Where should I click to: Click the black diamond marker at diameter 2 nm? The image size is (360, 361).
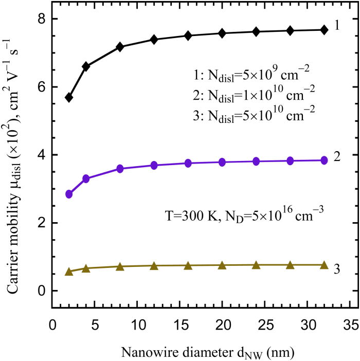(x=69, y=97)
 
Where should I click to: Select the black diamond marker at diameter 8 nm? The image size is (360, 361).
(x=120, y=47)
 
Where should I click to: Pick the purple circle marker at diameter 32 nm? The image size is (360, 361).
(x=324, y=160)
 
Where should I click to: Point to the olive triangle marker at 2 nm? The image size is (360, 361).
(x=69, y=272)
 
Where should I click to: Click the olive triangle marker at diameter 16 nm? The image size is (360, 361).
(x=188, y=265)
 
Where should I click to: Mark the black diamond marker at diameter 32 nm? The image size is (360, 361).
(x=324, y=30)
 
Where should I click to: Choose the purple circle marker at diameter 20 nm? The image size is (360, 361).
(x=222, y=162)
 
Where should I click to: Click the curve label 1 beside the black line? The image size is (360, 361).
(x=337, y=26)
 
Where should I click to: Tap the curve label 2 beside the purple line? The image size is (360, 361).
(x=337, y=157)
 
